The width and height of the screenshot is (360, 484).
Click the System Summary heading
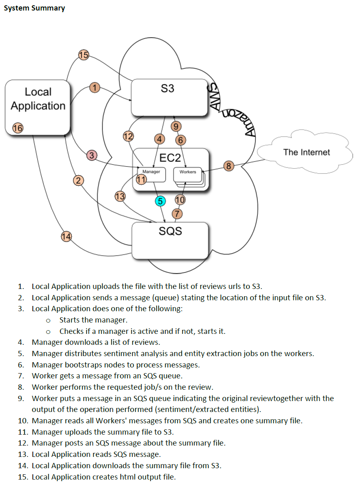tap(34, 8)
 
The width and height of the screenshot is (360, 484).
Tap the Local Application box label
tap(38, 99)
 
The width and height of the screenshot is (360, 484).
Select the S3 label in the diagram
tap(167, 89)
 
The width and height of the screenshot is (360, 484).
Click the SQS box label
tap(170, 231)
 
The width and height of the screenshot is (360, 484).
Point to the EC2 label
tap(170, 157)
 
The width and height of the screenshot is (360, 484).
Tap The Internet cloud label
tap(307, 152)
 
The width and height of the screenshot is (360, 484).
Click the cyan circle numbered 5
tap(160, 201)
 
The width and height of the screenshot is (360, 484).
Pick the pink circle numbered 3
tap(92, 155)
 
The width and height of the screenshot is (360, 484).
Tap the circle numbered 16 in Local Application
tap(17, 129)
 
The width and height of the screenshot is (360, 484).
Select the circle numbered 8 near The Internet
tap(229, 165)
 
